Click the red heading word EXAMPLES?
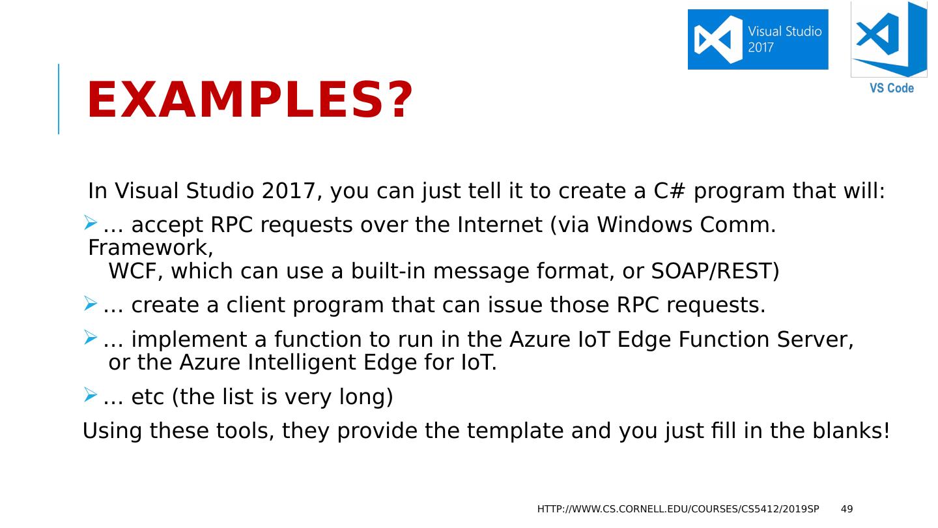pos(250,100)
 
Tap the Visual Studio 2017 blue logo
pos(758,39)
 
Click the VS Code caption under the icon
pos(892,88)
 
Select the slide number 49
pos(847,509)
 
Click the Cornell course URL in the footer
pos(678,509)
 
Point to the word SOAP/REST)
pos(715,271)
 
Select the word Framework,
pos(150,248)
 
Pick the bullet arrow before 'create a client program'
pos(90,303)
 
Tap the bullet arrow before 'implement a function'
pos(90,338)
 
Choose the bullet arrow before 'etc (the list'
pos(90,394)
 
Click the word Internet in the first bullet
pos(500,225)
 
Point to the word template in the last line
pos(515,432)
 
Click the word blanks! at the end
pos(851,431)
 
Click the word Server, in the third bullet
pos(815,340)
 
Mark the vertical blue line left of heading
pos(59,99)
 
